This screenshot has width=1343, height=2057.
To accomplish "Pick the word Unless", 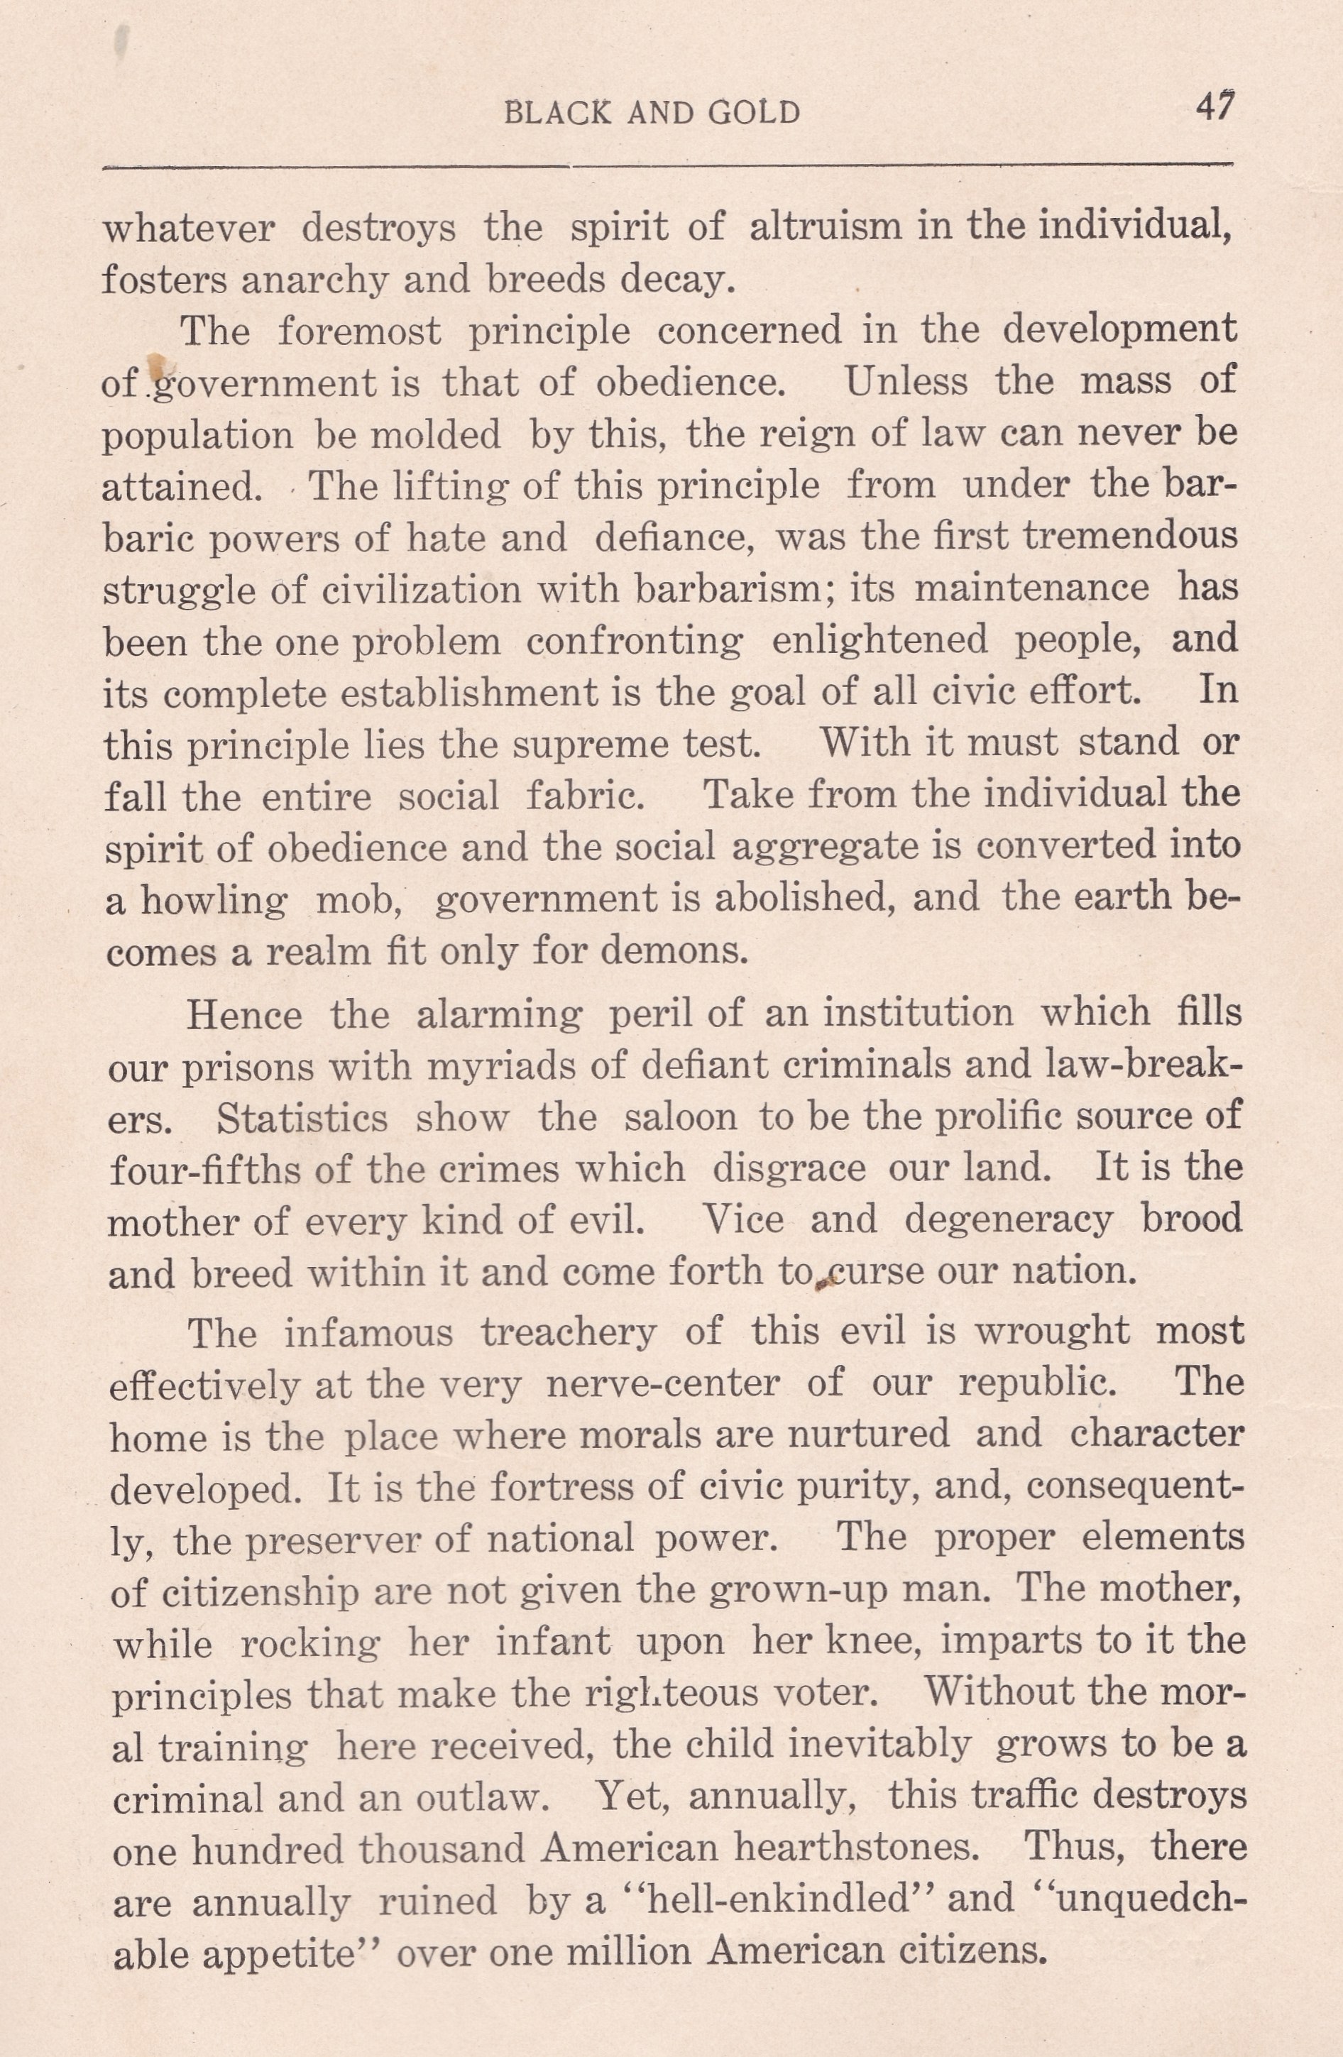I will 906,382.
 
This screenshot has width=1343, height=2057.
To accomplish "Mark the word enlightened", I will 879,640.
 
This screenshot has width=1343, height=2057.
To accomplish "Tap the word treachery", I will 569,1332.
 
